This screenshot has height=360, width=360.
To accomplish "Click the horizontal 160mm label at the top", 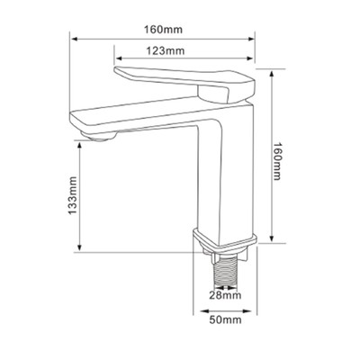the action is (163, 30).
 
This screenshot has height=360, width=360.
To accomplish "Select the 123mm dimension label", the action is (166, 50).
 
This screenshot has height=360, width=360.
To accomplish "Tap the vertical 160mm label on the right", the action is (277, 161).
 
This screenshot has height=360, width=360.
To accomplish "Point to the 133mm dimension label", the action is (72, 195).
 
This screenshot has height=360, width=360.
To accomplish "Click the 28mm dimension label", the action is (225, 295).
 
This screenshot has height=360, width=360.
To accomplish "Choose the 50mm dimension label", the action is (225, 319).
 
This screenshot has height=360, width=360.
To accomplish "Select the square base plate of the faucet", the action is (225, 241).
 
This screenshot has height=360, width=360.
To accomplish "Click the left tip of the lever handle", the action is (115, 70).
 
